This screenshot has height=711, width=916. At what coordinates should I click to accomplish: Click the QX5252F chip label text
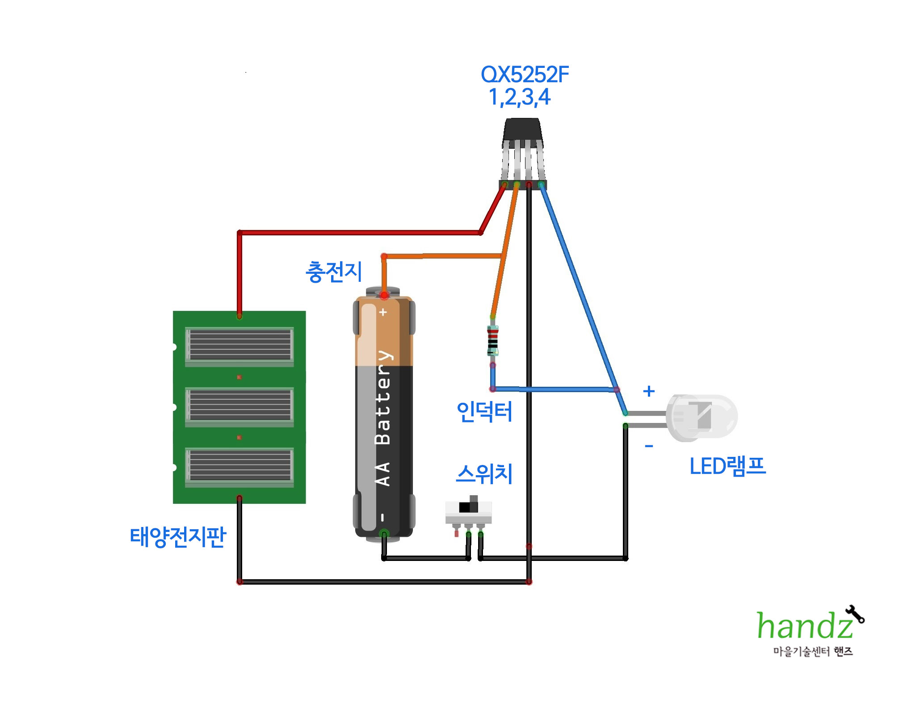click(x=525, y=75)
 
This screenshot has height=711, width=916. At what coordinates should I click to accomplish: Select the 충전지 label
click(x=334, y=272)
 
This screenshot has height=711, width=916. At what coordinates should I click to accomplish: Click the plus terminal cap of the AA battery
click(x=383, y=292)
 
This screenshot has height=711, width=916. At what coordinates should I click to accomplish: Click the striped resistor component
click(x=492, y=341)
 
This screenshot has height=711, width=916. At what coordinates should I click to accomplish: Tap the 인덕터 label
click(x=484, y=411)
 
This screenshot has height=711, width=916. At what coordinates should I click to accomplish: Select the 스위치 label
click(x=484, y=474)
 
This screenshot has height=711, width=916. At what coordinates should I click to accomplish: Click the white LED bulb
click(x=702, y=417)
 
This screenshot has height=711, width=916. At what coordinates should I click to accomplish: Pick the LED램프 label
click(x=727, y=466)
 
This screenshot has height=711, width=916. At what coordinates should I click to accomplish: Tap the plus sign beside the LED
click(x=649, y=391)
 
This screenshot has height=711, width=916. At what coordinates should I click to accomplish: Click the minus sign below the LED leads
click(x=649, y=446)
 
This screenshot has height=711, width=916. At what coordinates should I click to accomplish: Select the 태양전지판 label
click(x=178, y=537)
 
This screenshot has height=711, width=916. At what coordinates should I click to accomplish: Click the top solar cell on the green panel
click(x=240, y=345)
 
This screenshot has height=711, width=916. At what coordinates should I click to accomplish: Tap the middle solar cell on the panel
click(x=240, y=405)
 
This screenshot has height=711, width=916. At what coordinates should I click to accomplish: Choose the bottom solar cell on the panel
click(x=240, y=465)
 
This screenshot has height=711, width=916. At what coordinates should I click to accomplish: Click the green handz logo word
click(x=804, y=626)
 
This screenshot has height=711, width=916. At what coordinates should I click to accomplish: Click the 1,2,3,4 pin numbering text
click(x=519, y=97)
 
